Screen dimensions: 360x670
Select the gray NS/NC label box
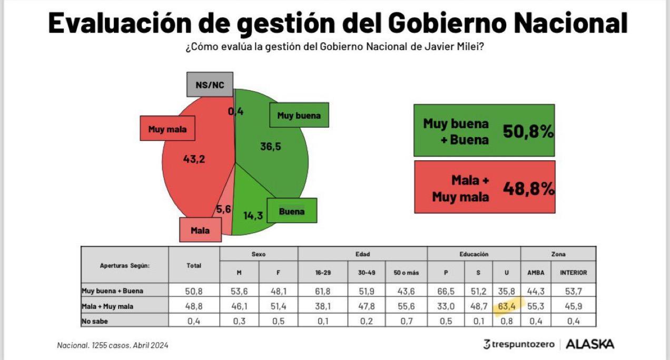[210, 85]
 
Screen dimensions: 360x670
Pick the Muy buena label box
[299, 115]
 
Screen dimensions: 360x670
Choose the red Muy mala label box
[168, 129]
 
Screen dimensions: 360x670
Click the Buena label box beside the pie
[292, 211]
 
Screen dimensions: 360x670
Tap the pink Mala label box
[200, 230]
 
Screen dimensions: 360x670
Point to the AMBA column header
[536, 273]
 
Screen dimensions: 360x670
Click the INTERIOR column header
[573, 273]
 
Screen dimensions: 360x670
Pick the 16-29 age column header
[322, 273]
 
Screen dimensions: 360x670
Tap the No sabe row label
[95, 320]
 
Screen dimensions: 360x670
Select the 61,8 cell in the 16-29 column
[322, 291]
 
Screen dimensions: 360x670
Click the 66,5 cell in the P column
[446, 291]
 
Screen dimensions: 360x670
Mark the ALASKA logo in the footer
[590, 344]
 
